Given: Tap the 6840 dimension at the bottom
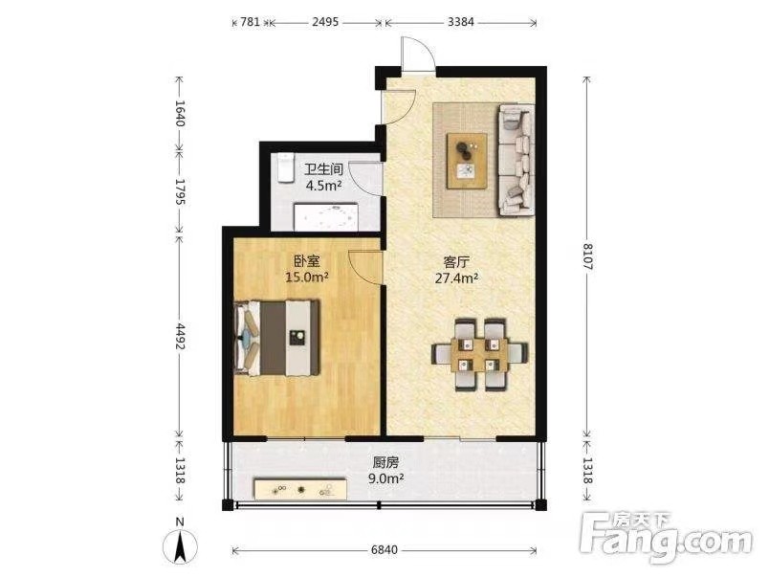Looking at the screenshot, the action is point(384,550).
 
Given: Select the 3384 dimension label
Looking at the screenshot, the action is point(460,22).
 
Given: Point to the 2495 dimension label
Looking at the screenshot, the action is point(325,22).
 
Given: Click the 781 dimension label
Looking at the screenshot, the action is point(251,22).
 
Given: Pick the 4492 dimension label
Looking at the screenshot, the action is point(179,336).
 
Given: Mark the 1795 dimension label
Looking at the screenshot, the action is point(179,191).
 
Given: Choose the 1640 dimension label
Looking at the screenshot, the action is point(179,113).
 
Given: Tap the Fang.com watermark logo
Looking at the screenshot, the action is point(666,538).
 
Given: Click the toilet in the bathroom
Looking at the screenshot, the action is point(284,168).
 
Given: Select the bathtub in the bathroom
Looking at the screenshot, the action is point(325,216).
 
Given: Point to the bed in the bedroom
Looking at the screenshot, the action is point(277,338).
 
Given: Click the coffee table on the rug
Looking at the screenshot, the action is point(467,161).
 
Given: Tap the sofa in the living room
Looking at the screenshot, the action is point(516,160).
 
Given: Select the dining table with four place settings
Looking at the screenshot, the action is point(479,354).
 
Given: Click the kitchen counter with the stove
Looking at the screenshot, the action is point(300,489).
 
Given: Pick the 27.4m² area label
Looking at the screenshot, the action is point(456,278).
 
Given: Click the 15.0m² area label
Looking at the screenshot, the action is point(307,277).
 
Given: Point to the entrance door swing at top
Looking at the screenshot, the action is point(418,54).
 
